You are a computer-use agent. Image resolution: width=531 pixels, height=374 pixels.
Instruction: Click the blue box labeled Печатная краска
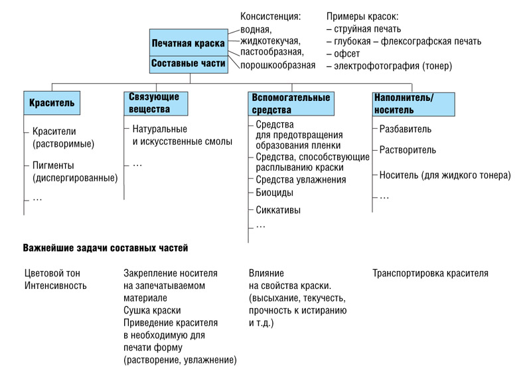[189, 43]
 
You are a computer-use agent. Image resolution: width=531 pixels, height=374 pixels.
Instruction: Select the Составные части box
[189, 64]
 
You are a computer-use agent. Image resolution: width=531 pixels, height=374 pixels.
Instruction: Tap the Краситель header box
[52, 103]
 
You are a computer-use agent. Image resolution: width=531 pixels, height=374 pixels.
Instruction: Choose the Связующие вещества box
[156, 104]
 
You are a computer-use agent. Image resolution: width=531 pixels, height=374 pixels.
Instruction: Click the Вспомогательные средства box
[291, 104]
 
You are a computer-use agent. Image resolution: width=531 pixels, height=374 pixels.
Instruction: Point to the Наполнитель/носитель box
[414, 104]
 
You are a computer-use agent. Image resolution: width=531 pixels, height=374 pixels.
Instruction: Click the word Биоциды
[274, 193]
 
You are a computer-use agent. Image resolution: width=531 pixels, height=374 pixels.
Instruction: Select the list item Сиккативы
[278, 210]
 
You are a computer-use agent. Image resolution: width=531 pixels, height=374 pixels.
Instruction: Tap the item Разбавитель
[406, 129]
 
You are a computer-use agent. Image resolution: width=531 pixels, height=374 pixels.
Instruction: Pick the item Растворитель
[408, 150]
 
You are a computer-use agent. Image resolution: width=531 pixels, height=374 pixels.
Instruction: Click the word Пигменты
[53, 165]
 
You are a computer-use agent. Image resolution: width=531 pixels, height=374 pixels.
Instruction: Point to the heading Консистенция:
[270, 17]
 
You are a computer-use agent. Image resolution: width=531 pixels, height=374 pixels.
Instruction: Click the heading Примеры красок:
[362, 17]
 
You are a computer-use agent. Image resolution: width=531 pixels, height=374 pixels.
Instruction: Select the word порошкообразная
[277, 65]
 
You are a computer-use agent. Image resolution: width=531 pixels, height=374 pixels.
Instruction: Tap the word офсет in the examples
[346, 54]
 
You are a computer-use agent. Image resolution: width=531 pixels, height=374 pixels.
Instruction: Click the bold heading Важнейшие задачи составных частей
[106, 248]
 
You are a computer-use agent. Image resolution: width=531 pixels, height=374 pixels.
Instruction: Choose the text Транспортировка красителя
[430, 273]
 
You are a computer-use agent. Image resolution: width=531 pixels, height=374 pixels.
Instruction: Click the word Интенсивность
[56, 286]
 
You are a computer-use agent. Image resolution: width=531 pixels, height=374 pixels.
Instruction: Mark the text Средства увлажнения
[301, 180]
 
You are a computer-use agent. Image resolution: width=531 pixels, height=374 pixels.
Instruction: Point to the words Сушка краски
[152, 310]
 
